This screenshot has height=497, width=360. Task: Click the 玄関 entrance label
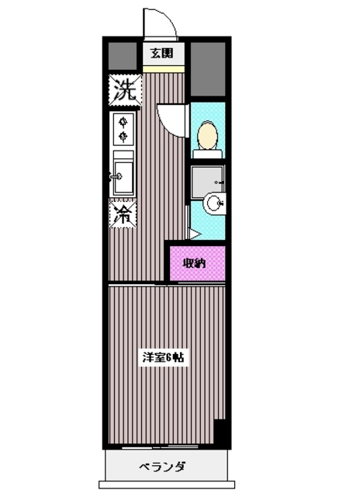coord(162,54)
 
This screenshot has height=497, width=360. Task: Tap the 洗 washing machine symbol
coord(125,90)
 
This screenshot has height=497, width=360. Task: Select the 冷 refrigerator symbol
coord(123,214)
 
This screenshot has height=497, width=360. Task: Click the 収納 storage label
coord(195,263)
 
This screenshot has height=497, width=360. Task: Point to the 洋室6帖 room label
coord(163,357)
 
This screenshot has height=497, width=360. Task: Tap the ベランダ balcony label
coord(162,466)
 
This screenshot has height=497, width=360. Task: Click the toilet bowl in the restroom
coord(207,137)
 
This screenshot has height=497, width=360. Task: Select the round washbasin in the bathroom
coord(215,203)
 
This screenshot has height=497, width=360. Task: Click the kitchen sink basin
coord(124,177)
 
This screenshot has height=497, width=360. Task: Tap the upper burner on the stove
coord(123,122)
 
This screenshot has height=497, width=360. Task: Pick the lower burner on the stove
coord(123,137)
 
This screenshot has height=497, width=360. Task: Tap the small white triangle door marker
coord(195,235)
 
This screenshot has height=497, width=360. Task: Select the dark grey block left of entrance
coord(123,56)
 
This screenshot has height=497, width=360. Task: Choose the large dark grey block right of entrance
coord(208,69)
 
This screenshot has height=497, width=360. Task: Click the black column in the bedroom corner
coord(220,432)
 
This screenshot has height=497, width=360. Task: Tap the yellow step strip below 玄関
coord(164,69)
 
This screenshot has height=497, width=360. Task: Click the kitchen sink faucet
coord(116,176)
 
